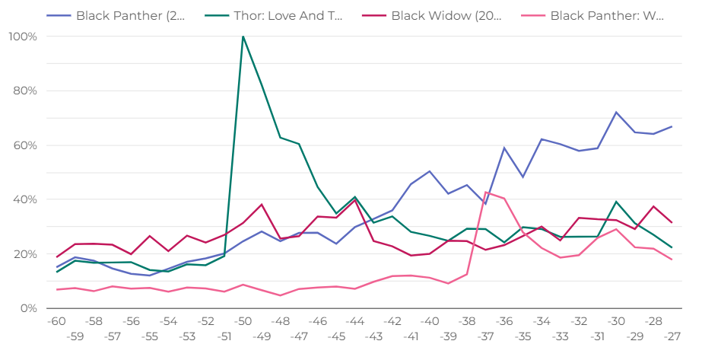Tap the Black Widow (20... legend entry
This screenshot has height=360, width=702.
[x=446, y=14]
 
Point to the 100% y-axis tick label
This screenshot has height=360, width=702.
[x=24, y=37]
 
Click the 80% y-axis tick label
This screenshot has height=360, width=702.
[x=26, y=91]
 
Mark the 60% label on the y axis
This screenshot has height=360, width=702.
[x=26, y=145]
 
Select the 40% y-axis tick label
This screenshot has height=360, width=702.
[x=26, y=199]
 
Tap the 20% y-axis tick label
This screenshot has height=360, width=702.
[x=26, y=254]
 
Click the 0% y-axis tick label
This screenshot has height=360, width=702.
[x=29, y=308]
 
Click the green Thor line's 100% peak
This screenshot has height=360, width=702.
[x=243, y=37]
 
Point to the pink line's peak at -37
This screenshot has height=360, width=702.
[x=485, y=192]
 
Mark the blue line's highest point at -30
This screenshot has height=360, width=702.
[x=616, y=113]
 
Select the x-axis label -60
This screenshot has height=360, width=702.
[x=56, y=321]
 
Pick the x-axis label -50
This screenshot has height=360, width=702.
[x=243, y=321]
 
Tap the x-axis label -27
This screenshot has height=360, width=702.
[x=672, y=336]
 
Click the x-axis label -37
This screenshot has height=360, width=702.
[x=485, y=336]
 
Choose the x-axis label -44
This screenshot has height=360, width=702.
[x=354, y=321]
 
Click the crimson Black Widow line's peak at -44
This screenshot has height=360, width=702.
[x=354, y=200]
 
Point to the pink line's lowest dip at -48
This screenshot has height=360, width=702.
[x=280, y=295]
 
